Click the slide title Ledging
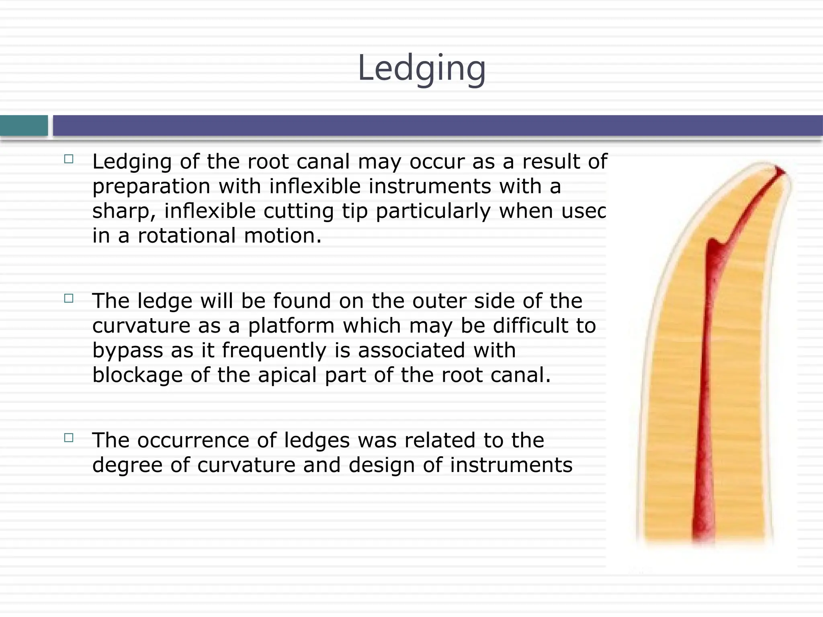(x=422, y=68)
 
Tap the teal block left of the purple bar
(x=24, y=125)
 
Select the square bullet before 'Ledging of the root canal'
(x=69, y=159)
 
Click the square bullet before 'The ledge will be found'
(x=69, y=298)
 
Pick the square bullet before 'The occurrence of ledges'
(x=69, y=438)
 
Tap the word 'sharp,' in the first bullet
(x=124, y=212)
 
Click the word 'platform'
(x=291, y=326)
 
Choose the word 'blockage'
(x=137, y=375)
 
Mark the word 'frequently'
(x=274, y=351)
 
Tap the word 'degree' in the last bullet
(x=127, y=465)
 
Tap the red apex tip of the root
(x=780, y=171)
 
